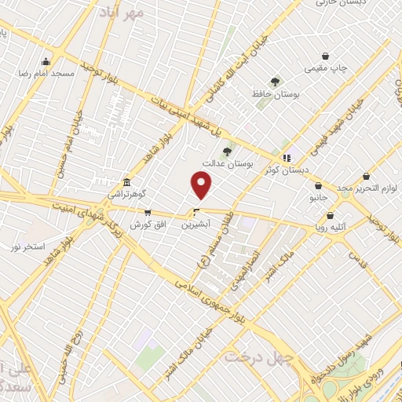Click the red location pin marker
[x=203, y=185]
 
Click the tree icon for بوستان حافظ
[x=275, y=82]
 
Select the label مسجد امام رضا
[x=48, y=73]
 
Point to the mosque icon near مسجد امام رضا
[x=46, y=62]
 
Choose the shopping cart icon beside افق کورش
[x=148, y=213]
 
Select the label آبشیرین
[x=197, y=225]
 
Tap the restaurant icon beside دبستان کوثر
[x=287, y=157]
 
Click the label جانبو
[x=316, y=198]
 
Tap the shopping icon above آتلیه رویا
[x=329, y=215]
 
